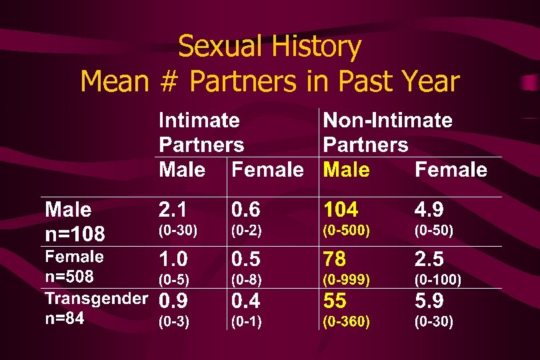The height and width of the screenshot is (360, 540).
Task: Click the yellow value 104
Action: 341,210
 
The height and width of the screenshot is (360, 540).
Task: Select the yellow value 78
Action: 335,259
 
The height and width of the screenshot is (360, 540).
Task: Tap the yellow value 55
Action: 335,300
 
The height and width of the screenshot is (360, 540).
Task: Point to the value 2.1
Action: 173,210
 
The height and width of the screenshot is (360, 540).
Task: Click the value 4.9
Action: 429,210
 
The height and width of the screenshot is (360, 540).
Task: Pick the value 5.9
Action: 429,300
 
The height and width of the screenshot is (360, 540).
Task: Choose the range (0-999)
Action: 346,279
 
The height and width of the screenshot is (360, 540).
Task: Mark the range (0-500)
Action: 346,231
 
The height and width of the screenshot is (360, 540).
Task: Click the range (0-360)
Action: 346,322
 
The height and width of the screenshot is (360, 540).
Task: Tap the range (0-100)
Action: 438,279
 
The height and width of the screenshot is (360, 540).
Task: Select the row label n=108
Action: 75,233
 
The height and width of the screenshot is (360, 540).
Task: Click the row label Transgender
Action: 96,298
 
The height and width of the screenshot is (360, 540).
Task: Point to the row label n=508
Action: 69,276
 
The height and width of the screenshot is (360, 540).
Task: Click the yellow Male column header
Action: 346,169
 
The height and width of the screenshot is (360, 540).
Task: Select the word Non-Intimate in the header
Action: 387,121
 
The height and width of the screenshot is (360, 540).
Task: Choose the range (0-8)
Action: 246,279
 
